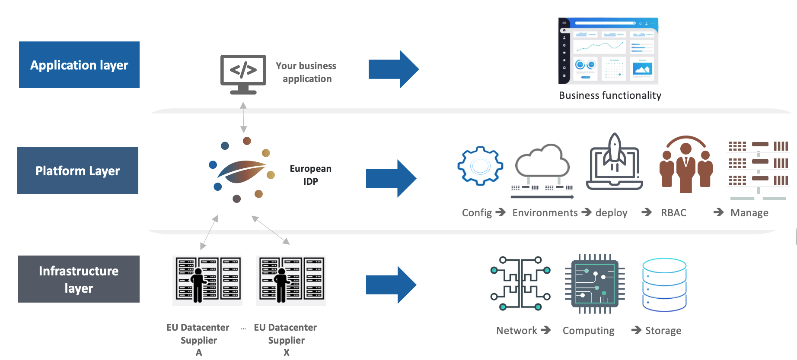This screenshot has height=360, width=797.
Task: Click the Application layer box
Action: pos(79,65)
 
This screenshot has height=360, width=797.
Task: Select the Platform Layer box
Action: pos(78,171)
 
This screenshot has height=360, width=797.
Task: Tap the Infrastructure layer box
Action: pos(79,279)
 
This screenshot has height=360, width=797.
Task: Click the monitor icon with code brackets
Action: pos(243,74)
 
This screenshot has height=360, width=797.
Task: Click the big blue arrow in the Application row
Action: pos(393,69)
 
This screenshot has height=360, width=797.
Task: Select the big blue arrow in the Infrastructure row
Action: pos(391,285)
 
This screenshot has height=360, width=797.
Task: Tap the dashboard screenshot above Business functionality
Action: pos(608,51)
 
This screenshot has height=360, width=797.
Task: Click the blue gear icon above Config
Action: pos(480,166)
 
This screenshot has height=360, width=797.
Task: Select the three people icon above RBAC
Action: pos(686,164)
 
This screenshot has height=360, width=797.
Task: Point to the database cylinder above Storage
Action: pos(664,284)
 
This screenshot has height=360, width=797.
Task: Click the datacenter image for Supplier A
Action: pos(207,281)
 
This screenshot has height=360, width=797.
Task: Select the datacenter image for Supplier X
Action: pos(291,281)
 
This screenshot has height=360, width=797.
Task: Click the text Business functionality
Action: pos(610,95)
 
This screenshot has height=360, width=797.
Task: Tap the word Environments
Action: pos(545,213)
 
